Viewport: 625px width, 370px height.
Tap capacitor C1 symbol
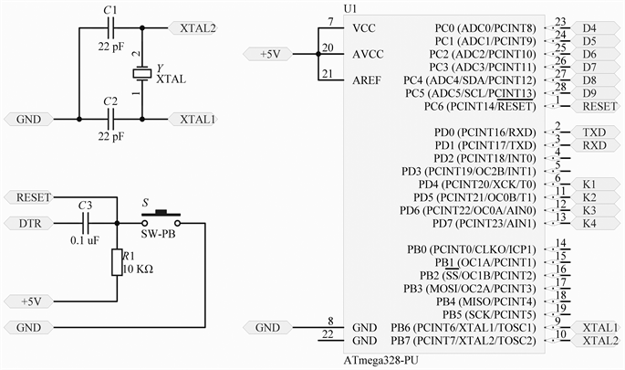pos(111,27)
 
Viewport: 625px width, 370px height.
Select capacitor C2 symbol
pos(111,119)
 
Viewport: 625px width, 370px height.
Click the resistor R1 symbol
pos(118,262)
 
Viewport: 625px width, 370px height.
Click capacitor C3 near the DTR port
pos(87,222)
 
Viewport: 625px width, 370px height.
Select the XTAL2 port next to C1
pos(193,28)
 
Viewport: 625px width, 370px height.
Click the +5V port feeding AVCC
pos(271,55)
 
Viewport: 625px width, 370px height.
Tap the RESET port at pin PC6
pos(597,106)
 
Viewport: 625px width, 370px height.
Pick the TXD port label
pos(594,132)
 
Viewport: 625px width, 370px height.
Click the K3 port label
pos(589,210)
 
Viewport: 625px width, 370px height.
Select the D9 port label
pos(589,92)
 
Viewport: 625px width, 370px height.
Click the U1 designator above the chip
pos(351,8)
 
